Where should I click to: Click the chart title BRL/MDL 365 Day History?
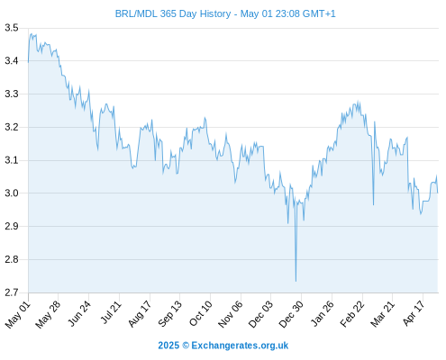(x=173, y=13)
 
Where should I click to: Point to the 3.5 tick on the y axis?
(x=12, y=28)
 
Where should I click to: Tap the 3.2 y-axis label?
(x=12, y=127)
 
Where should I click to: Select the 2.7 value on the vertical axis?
(x=12, y=292)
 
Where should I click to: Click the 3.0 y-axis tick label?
(x=12, y=193)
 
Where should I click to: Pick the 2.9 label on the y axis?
(x=12, y=226)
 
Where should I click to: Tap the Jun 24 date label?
(x=78, y=313)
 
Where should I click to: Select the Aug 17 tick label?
(x=139, y=314)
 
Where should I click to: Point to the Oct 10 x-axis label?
(x=200, y=313)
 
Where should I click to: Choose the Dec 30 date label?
(x=291, y=314)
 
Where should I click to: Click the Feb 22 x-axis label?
(x=351, y=314)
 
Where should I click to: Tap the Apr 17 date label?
(x=414, y=313)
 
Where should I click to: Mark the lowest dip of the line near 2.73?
(x=296, y=281)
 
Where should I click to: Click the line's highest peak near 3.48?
(x=31, y=34)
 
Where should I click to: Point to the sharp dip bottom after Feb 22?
(x=373, y=205)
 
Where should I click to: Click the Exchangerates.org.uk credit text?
(x=240, y=346)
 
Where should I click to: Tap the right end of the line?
(x=438, y=193)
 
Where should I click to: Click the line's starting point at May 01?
(x=28, y=62)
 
